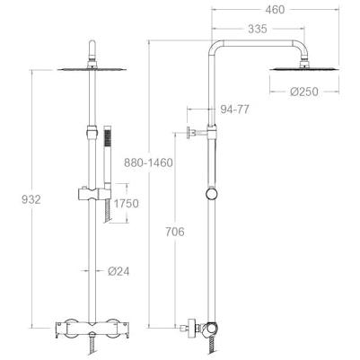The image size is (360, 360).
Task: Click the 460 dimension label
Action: coord(275,10)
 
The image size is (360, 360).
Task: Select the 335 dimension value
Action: coord(258,29)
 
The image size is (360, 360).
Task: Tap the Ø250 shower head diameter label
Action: coord(303,92)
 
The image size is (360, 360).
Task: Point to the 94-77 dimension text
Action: coord(234,110)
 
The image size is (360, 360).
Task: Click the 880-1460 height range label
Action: coord(148,162)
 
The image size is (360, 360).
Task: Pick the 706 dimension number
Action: coord(175,232)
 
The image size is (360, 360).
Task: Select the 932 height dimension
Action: coord(31,199)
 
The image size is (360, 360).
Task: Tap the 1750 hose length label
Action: coord(127,204)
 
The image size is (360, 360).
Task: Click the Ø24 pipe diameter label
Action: coord(119,271)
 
